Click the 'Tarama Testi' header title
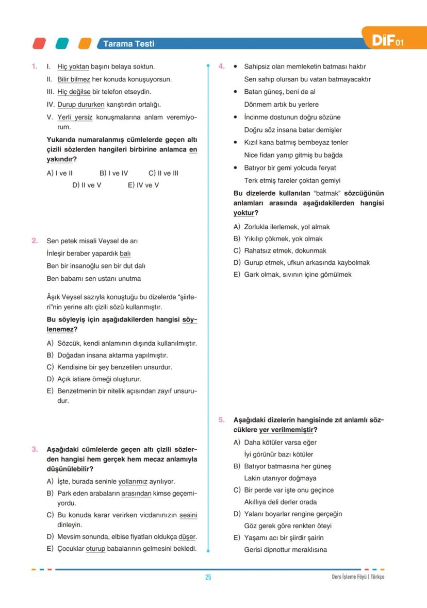(x=128, y=44)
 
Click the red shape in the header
(x=39, y=43)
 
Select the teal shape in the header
(x=62, y=43)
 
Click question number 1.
(x=34, y=66)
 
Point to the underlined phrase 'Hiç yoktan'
(x=73, y=66)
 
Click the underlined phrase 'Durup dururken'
(x=80, y=104)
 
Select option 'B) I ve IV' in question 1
(x=113, y=173)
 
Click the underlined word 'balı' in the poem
(x=125, y=254)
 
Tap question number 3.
(x=34, y=449)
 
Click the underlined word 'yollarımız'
(x=133, y=482)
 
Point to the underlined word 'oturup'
(x=95, y=549)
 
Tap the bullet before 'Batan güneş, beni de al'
(x=235, y=92)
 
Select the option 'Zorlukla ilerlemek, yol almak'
(x=287, y=227)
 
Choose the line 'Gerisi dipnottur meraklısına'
(x=285, y=550)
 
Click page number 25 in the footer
(x=208, y=577)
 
